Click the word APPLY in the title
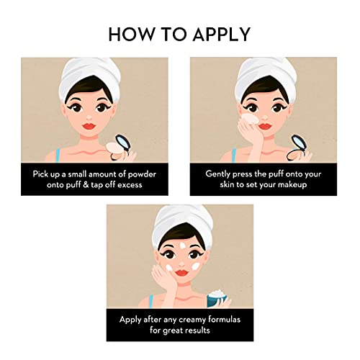click(x=222, y=35)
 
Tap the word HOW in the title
click(x=131, y=35)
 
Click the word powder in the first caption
click(x=142, y=174)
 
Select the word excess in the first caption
click(x=130, y=185)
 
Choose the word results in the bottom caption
click(x=197, y=330)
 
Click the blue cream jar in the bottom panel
click(x=217, y=299)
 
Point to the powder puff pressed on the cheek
click(x=250, y=119)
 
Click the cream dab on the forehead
click(x=182, y=246)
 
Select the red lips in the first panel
click(x=89, y=126)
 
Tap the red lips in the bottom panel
click(x=182, y=273)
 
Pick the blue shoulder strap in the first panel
click(x=58, y=155)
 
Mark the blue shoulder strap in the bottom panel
click(x=150, y=302)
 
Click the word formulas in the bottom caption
click(x=224, y=320)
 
